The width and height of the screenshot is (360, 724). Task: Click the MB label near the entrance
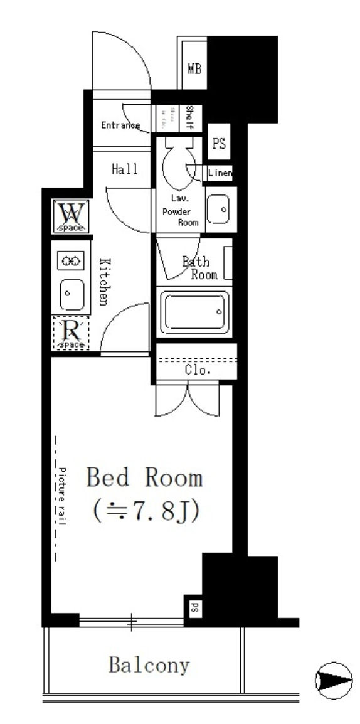point(194,68)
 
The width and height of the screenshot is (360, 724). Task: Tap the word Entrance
point(120,125)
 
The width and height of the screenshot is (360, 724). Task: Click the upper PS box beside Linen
point(218,144)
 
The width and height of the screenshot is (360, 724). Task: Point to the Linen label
point(220,173)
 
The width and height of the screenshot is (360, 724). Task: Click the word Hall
point(125,169)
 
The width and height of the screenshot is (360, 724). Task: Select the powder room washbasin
point(218,209)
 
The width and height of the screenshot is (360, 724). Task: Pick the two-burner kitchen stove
point(71,260)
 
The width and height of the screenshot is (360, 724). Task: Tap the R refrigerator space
point(71,333)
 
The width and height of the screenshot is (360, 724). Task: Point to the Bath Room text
point(200,268)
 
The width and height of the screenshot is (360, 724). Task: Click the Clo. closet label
point(198,370)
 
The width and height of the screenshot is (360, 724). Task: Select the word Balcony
point(149,665)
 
